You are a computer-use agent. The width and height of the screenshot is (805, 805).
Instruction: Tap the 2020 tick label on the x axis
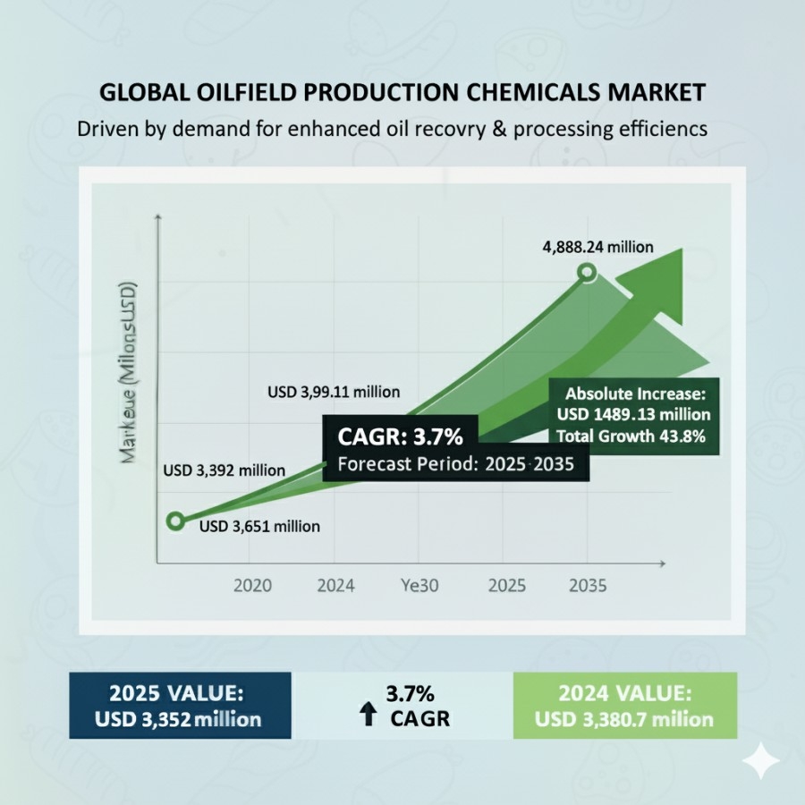[252, 587]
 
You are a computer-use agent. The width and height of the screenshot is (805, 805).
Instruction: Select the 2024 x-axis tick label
[335, 587]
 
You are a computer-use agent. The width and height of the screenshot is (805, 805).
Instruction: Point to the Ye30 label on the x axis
[419, 587]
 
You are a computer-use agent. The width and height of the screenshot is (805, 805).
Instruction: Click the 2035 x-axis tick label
[588, 587]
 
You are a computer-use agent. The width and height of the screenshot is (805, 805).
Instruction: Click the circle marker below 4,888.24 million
[587, 272]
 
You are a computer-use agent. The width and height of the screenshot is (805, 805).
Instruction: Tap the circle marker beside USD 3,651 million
[176, 521]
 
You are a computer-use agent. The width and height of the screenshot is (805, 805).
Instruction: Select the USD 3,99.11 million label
[334, 392]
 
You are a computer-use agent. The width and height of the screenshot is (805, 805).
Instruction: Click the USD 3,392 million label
[224, 470]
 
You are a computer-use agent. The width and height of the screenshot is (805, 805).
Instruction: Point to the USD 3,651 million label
[259, 527]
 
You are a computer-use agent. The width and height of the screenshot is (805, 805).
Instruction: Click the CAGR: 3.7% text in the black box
[400, 437]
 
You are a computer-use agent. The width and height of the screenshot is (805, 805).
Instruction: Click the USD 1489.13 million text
[633, 414]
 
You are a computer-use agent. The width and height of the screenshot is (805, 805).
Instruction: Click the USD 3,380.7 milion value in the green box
[624, 719]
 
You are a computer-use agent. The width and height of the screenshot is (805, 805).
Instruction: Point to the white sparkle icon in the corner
[760, 762]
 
